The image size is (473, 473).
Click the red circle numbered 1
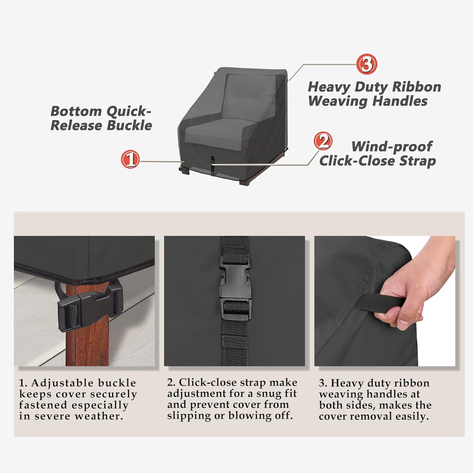click(x=130, y=159)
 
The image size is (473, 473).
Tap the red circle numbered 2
click(x=323, y=141)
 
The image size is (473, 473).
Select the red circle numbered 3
click(x=366, y=64)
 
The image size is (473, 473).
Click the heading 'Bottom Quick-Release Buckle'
click(x=101, y=118)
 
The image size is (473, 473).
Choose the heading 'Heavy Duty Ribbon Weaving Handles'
click(x=374, y=94)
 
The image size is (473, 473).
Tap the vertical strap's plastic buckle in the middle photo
click(x=235, y=289)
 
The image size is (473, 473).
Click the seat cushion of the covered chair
click(x=218, y=132)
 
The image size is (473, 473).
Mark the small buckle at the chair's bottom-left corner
click(x=184, y=169)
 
